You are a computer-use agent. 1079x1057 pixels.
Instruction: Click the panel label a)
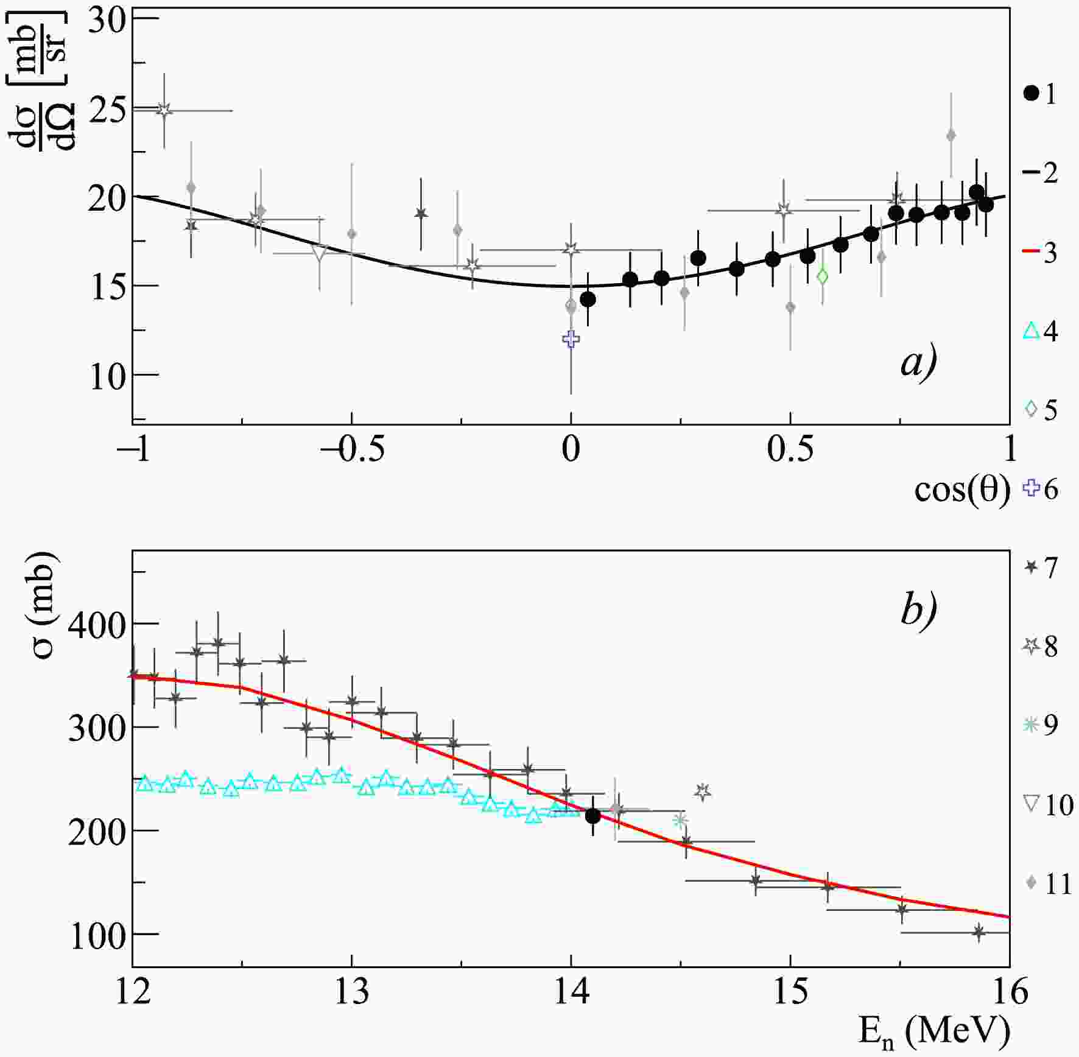918,363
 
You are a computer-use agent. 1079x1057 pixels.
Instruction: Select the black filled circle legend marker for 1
1030,93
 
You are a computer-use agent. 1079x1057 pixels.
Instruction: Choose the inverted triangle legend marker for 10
1030,803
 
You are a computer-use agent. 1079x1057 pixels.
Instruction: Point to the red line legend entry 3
1030,251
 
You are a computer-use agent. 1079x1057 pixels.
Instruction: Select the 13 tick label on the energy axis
352,992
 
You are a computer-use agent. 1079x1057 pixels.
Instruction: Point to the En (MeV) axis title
934,1031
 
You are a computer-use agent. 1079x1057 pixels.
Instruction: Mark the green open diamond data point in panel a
822,276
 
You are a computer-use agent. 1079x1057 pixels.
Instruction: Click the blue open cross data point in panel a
571,339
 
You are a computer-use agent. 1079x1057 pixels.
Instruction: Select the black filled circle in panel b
592,816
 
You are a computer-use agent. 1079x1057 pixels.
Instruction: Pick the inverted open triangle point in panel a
319,253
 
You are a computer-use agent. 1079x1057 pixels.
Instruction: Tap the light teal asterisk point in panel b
680,820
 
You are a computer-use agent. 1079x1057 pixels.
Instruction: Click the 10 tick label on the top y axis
107,376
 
